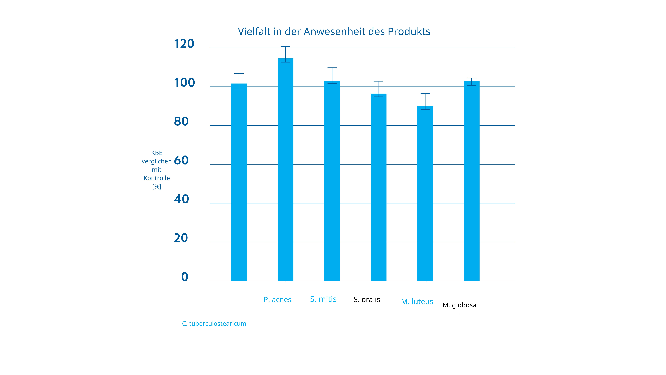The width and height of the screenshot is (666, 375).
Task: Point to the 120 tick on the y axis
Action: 184,44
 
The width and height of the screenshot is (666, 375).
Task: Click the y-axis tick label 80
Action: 181,121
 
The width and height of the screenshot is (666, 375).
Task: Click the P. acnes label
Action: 277,300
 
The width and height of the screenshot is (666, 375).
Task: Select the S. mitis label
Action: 323,299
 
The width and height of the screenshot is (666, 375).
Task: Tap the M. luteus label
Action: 417,301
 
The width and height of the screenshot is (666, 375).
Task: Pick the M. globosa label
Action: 459,305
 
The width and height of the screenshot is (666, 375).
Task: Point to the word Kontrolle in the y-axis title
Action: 157,178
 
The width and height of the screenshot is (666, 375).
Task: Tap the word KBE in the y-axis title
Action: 157,153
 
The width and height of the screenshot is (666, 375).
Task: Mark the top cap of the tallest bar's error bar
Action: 285,47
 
